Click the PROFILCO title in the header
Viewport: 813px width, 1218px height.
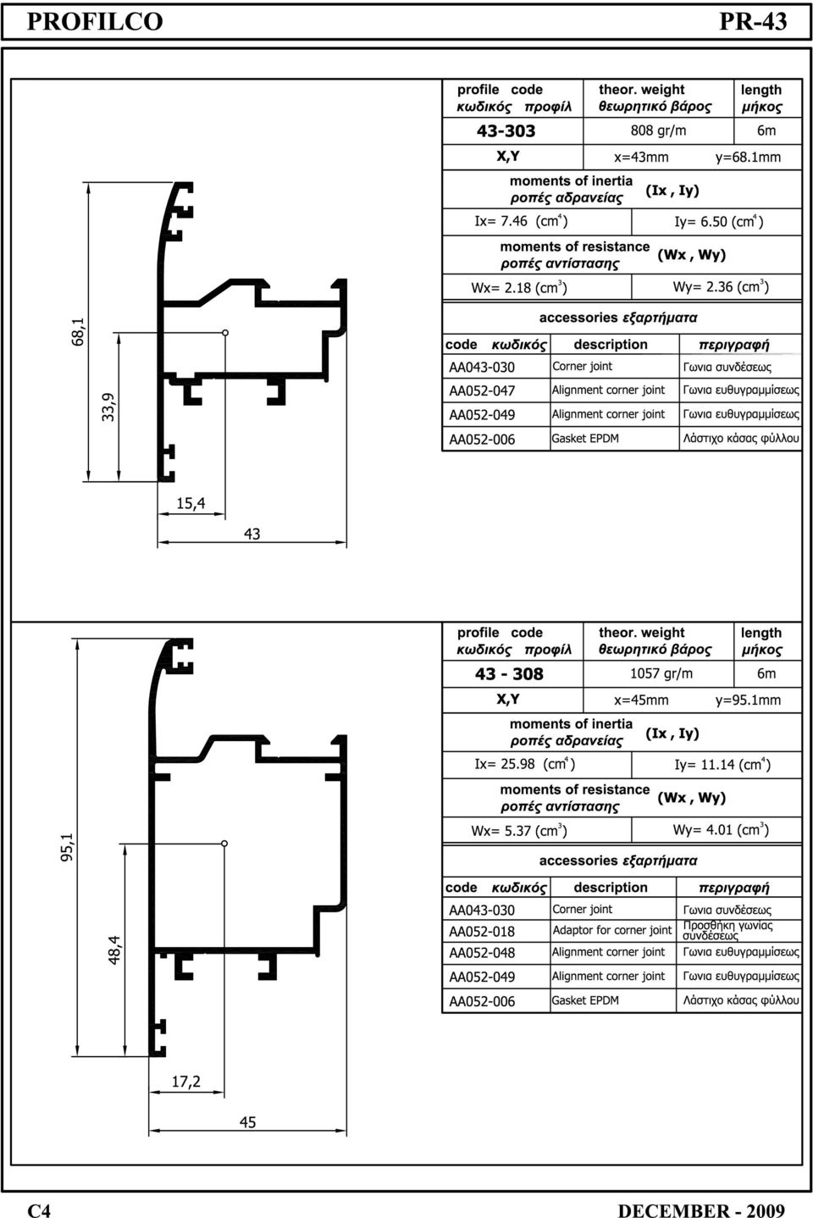[95, 21]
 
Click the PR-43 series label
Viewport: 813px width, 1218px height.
[753, 21]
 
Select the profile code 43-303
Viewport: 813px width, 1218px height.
[506, 130]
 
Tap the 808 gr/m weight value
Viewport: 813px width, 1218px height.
[658, 130]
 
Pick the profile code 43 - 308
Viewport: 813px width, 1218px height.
[509, 673]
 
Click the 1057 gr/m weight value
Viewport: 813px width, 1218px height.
[661, 673]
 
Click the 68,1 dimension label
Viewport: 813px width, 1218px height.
[78, 332]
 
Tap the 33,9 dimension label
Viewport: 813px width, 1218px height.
[108, 407]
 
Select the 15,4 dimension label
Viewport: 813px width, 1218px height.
[191, 503]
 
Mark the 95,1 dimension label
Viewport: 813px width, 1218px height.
[66, 847]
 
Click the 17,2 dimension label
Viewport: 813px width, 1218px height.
[186, 1082]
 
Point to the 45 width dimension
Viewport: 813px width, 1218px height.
[247, 1122]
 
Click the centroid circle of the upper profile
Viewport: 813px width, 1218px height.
[225, 332]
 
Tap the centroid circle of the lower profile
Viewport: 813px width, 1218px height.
[224, 844]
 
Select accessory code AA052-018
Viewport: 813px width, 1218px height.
[482, 932]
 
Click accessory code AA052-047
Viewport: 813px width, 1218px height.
[482, 390]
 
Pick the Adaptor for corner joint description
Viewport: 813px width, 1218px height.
[612, 930]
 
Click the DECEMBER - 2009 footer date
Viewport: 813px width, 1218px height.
[701, 1210]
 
